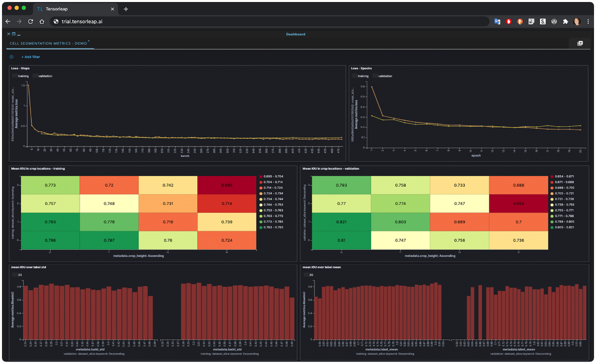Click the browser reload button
coord(30,22)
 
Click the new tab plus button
coord(126,9)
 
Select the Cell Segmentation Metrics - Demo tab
coord(48,44)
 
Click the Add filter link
coord(30,57)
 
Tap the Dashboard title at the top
coord(296,34)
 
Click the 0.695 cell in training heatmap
coord(226,185)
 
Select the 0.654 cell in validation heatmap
coord(519,204)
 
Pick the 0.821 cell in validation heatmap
coord(340,221)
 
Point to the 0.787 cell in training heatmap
coord(109,240)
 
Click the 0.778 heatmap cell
coord(109,221)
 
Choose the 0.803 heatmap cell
coord(400,221)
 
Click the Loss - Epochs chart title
coord(361,68)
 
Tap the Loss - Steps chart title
coord(21,68)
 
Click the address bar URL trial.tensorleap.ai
coord(82,22)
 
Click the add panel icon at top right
coord(580,44)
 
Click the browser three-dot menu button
coord(588,22)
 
